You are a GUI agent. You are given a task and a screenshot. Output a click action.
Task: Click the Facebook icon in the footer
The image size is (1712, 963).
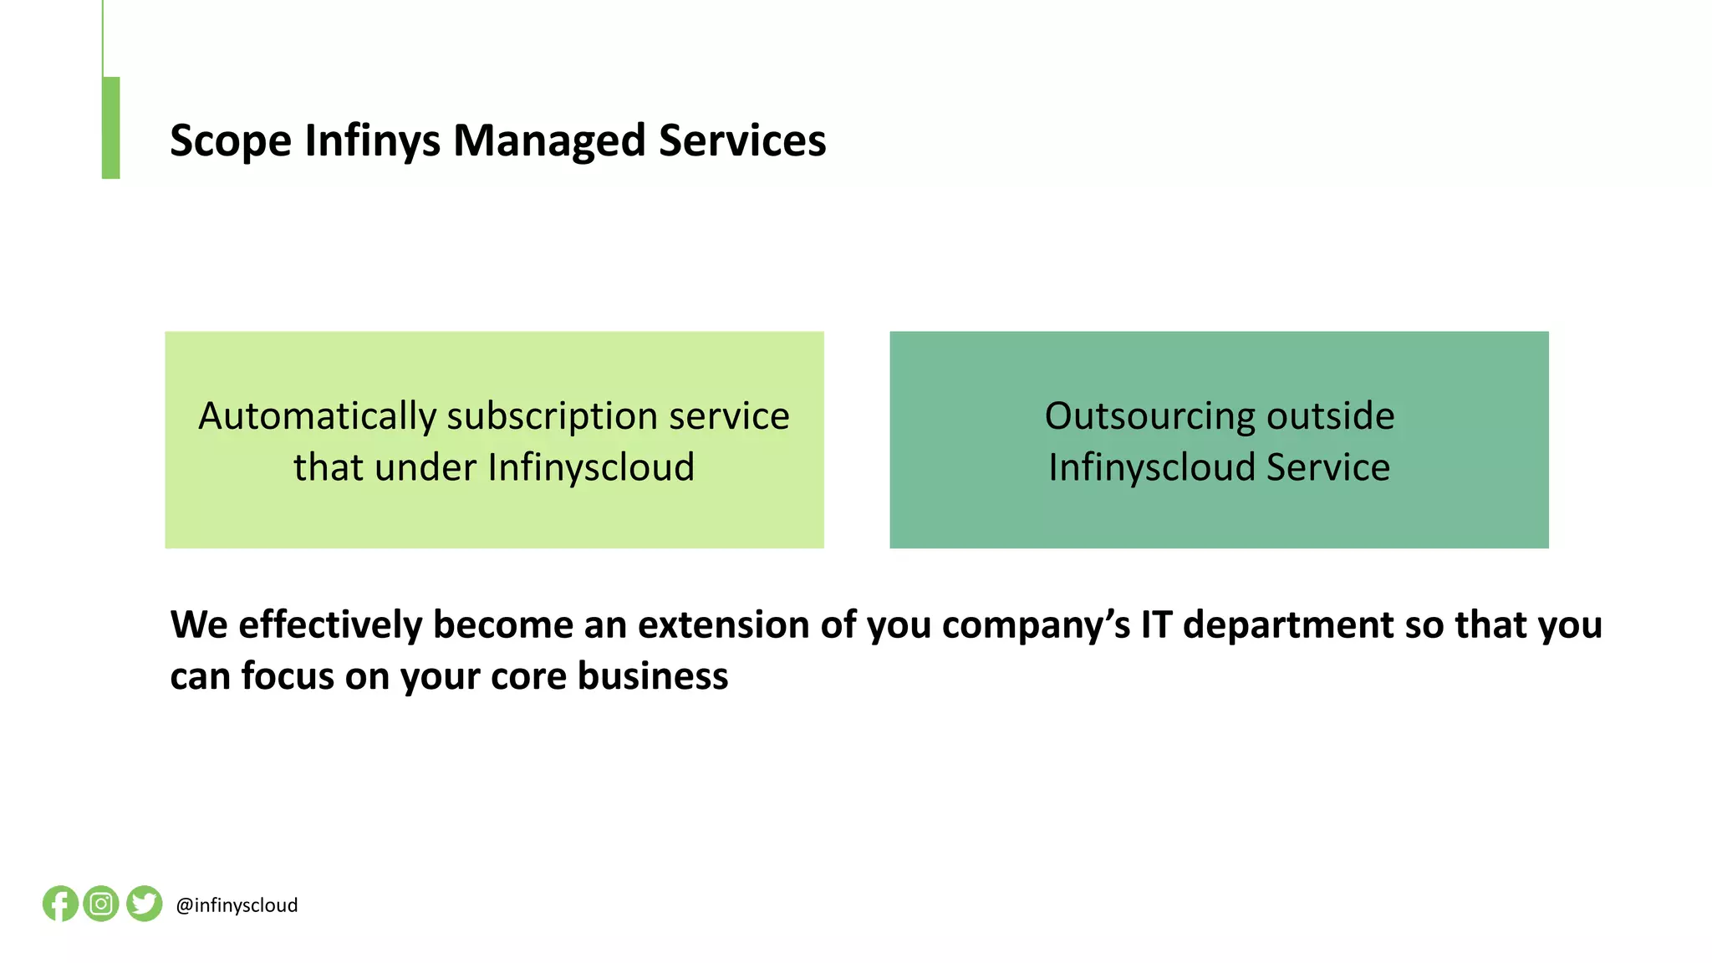(60, 904)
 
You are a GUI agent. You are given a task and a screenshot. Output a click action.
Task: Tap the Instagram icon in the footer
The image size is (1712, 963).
(101, 904)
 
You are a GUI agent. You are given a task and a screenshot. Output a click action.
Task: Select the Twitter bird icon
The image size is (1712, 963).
(144, 904)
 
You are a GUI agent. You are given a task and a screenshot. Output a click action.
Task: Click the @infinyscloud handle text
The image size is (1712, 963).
(237, 905)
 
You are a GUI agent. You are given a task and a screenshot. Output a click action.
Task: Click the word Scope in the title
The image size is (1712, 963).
(230, 140)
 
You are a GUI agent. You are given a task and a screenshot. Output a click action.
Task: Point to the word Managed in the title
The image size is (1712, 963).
(548, 140)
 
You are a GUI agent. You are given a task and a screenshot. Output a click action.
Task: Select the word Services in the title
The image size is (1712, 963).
(742, 140)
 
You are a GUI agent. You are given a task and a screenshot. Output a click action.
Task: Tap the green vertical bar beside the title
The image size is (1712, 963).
(111, 127)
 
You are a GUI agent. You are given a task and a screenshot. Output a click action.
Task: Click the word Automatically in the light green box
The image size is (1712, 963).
(317, 416)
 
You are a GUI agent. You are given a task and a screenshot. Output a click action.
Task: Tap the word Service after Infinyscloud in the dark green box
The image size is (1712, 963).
(1327, 467)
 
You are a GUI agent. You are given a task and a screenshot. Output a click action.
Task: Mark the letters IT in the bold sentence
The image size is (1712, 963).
(1156, 625)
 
